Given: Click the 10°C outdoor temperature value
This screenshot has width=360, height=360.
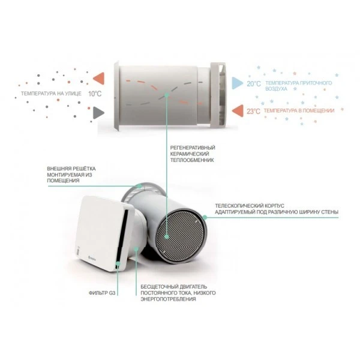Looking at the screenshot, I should [x=96, y=94].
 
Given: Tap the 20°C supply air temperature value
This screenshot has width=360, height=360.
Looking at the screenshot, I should [x=253, y=85].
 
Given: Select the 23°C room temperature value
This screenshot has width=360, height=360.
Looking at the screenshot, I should [x=253, y=111].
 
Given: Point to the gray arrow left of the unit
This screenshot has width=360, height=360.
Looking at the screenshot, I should [x=100, y=112].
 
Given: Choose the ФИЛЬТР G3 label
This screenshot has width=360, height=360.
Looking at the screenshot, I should [x=98, y=293].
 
